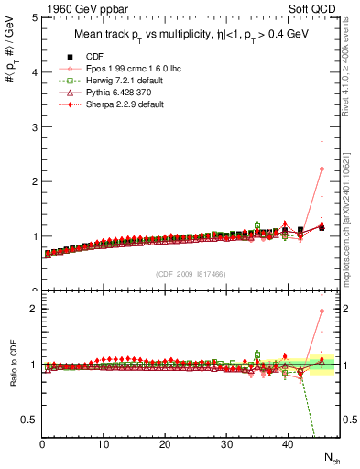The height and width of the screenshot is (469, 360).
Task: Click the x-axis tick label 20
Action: (165, 444)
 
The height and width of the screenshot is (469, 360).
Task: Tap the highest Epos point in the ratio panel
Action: (322, 311)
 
